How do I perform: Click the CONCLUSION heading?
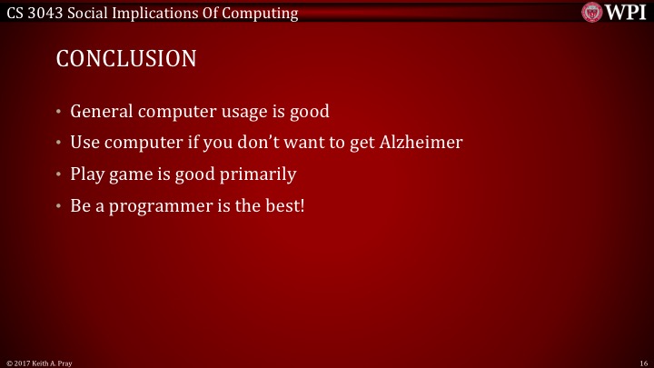pos(126,59)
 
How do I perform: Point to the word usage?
pos(240,112)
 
